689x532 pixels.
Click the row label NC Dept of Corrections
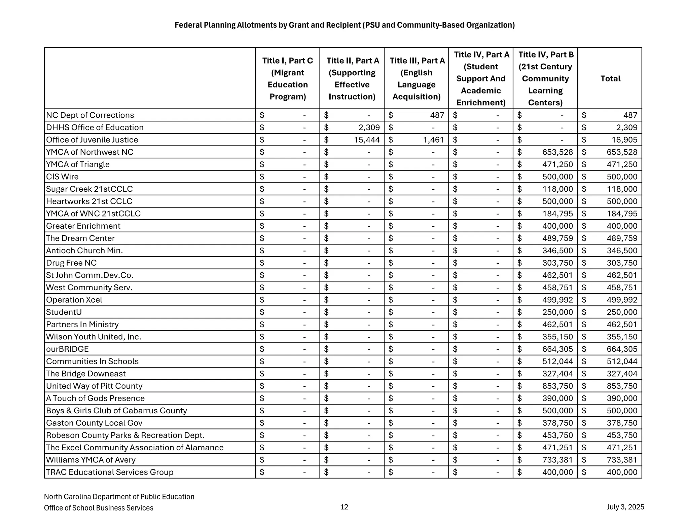90,115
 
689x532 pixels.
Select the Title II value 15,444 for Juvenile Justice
367,140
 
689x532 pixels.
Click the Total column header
610,78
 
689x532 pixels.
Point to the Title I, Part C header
287,78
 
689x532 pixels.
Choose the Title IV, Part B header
545,78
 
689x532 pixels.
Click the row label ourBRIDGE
67,349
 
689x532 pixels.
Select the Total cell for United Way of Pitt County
622,386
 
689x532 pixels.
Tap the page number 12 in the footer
344,507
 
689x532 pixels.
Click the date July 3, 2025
625,507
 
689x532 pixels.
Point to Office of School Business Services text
99,508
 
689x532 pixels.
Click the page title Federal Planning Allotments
344,25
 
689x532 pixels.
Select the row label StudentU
64,312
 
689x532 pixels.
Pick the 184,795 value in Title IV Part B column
557,214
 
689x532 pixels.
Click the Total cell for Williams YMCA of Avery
622,460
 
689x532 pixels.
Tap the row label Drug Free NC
71,263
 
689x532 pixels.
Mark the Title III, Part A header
416,78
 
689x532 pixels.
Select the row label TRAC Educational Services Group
110,472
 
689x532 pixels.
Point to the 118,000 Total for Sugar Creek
622,189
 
